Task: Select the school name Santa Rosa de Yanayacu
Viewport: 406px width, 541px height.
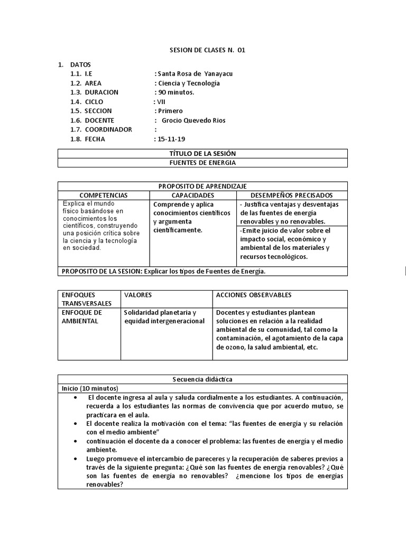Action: tap(195, 74)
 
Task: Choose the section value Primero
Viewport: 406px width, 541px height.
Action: tap(170, 111)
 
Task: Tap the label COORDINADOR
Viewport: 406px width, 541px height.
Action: tap(108, 129)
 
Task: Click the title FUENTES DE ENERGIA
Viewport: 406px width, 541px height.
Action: tap(202, 163)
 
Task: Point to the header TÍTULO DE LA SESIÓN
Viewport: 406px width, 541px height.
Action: tap(202, 153)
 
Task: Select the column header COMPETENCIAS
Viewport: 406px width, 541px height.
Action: tap(104, 195)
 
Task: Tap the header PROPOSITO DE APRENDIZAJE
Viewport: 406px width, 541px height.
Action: tap(202, 186)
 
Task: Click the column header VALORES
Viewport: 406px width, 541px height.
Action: tap(138, 295)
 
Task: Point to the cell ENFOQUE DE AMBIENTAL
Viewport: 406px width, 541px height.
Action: tap(82, 316)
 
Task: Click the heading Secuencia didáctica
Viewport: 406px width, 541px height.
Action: tap(202, 379)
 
